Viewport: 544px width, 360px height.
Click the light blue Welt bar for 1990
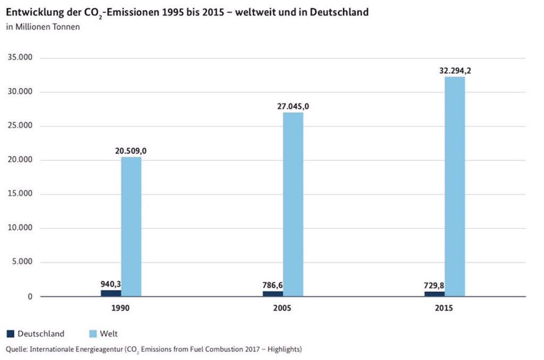131,227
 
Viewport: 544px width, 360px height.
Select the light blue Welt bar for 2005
293,204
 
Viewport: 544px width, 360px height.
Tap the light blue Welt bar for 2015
455,186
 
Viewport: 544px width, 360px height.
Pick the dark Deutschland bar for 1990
111,293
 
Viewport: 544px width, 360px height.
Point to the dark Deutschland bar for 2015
434,294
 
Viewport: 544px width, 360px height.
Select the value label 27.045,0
293,106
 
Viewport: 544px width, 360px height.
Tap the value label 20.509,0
131,151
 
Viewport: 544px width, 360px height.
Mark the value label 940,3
110,284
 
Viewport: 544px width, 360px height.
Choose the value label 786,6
273,285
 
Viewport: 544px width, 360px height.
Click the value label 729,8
434,286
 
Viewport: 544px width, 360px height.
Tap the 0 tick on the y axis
30,296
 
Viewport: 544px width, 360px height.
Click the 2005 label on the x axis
282,308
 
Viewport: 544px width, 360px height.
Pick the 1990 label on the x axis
121,308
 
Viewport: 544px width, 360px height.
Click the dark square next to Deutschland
10,334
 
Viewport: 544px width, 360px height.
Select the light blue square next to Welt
91,334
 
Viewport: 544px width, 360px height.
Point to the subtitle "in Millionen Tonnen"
43,27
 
